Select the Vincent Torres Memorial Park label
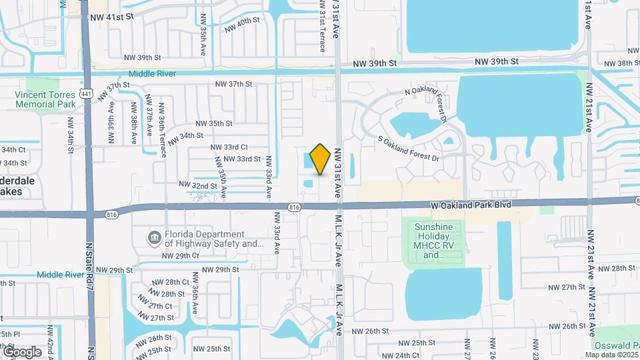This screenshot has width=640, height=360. tap(45, 99)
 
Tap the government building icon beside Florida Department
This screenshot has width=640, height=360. tap(154, 237)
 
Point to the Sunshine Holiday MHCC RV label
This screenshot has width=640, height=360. tap(433, 241)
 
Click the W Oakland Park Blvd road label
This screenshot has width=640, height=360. tap(470, 205)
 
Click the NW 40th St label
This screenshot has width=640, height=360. tap(242, 25)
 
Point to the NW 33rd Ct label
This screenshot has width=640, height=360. tap(229, 147)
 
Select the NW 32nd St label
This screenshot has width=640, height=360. tap(198, 184)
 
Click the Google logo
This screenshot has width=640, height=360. tap(21, 351)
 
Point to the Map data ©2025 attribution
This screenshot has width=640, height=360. tap(611, 355)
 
